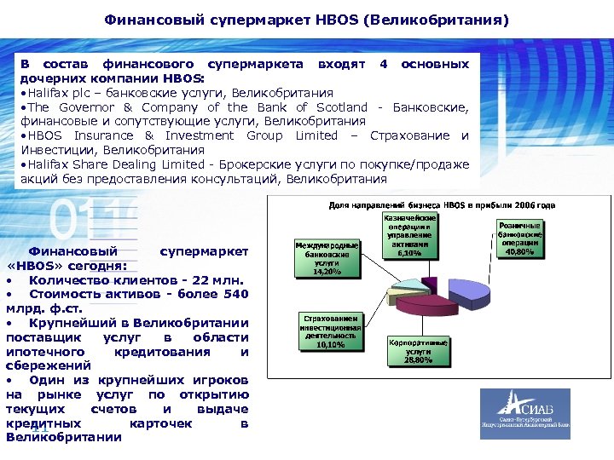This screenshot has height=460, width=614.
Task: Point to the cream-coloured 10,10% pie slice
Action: (401, 296)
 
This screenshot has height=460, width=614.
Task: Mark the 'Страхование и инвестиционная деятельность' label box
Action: (330, 331)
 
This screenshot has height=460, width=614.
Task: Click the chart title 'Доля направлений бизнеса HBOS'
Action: (442, 205)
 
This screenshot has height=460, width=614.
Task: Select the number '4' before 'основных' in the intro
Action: (384, 64)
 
